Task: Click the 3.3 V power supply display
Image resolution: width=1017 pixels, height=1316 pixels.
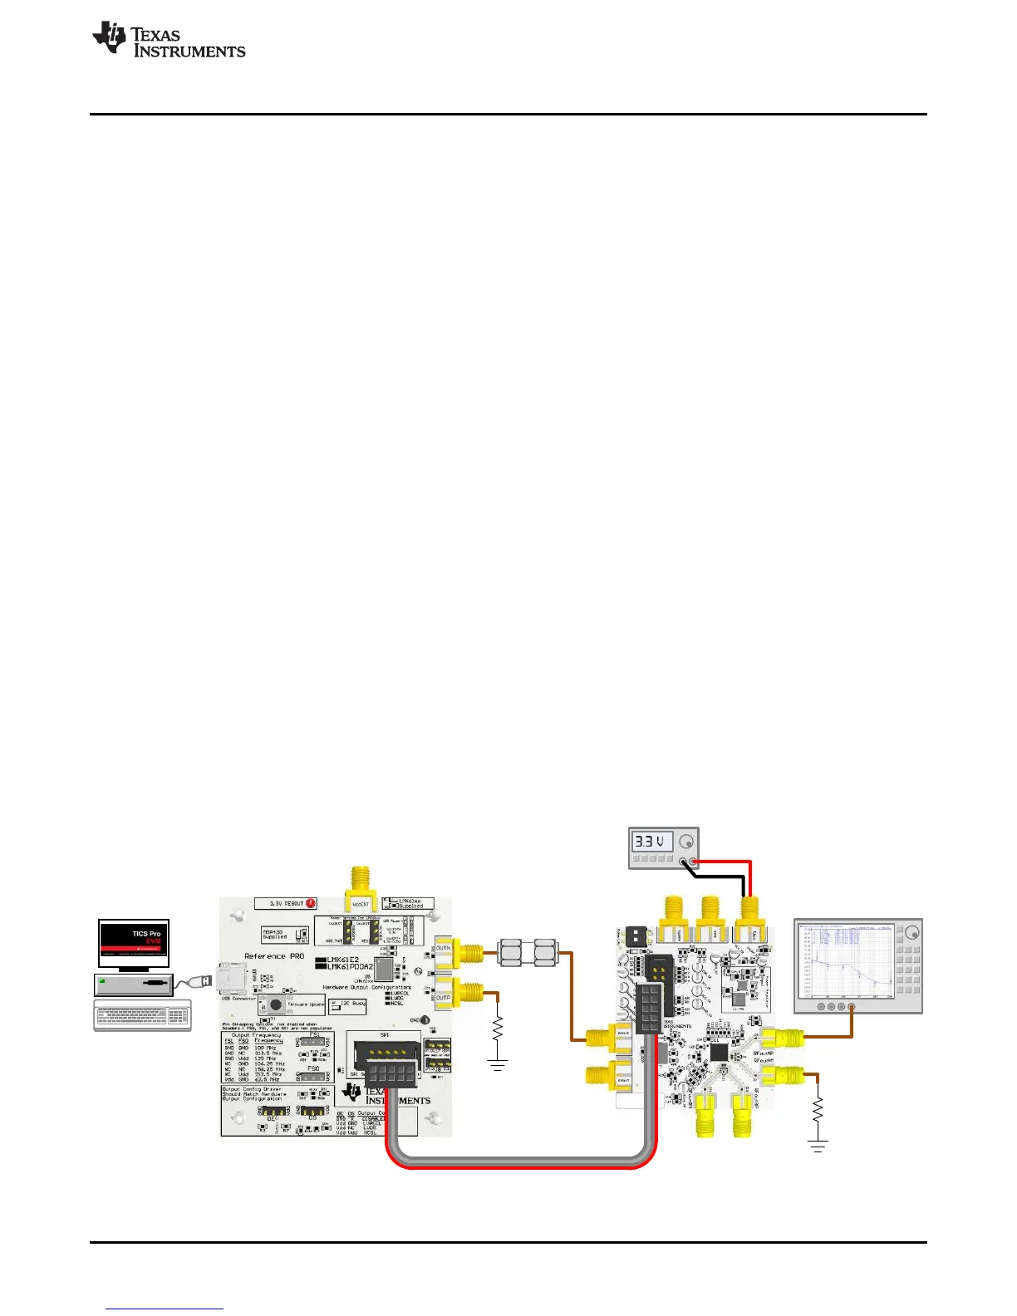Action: pos(652,842)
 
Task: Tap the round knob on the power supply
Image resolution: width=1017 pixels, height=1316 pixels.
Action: pos(685,841)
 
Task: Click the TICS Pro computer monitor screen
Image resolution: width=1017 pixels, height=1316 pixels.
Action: pos(134,943)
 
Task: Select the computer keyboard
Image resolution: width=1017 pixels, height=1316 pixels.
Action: pos(142,1016)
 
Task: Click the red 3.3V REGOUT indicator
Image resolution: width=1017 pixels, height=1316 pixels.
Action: pos(311,903)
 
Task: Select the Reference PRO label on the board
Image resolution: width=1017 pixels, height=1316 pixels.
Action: pos(274,956)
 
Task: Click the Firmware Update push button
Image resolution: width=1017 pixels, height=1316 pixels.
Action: pos(273,1004)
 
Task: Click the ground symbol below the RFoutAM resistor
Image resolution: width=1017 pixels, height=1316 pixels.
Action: pos(818,1147)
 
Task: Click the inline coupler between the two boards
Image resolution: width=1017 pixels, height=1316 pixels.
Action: pos(528,952)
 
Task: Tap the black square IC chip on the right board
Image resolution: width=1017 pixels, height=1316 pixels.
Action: pos(719,1052)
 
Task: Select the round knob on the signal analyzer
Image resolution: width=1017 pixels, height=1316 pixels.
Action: pos(911,931)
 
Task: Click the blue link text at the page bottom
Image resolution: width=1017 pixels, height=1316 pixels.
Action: pos(165,1309)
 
